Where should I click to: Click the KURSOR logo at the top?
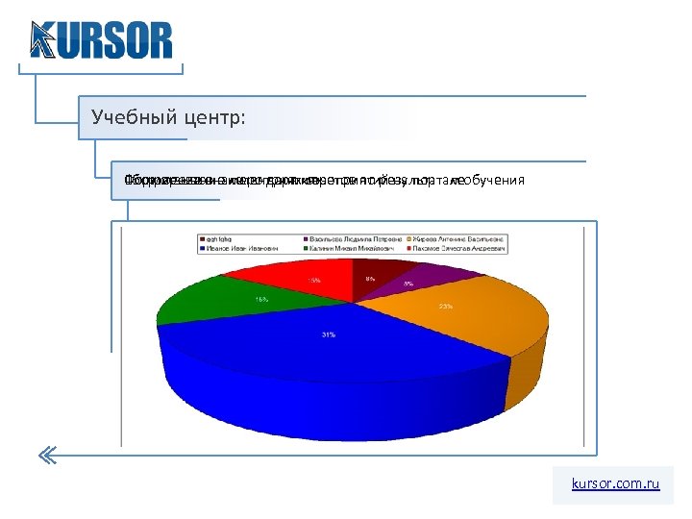(x=101, y=40)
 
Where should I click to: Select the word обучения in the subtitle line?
(x=493, y=181)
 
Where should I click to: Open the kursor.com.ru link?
(x=615, y=484)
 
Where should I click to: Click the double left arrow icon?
(x=49, y=456)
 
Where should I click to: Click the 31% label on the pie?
(x=329, y=334)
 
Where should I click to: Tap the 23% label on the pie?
(x=446, y=307)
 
